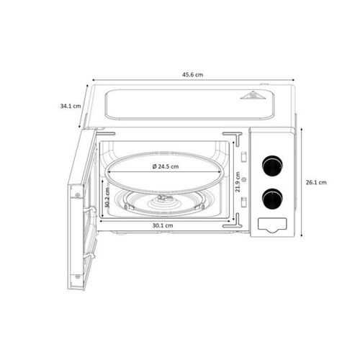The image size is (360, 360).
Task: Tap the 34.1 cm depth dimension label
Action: (x=71, y=106)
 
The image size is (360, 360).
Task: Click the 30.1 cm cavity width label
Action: (x=162, y=226)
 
